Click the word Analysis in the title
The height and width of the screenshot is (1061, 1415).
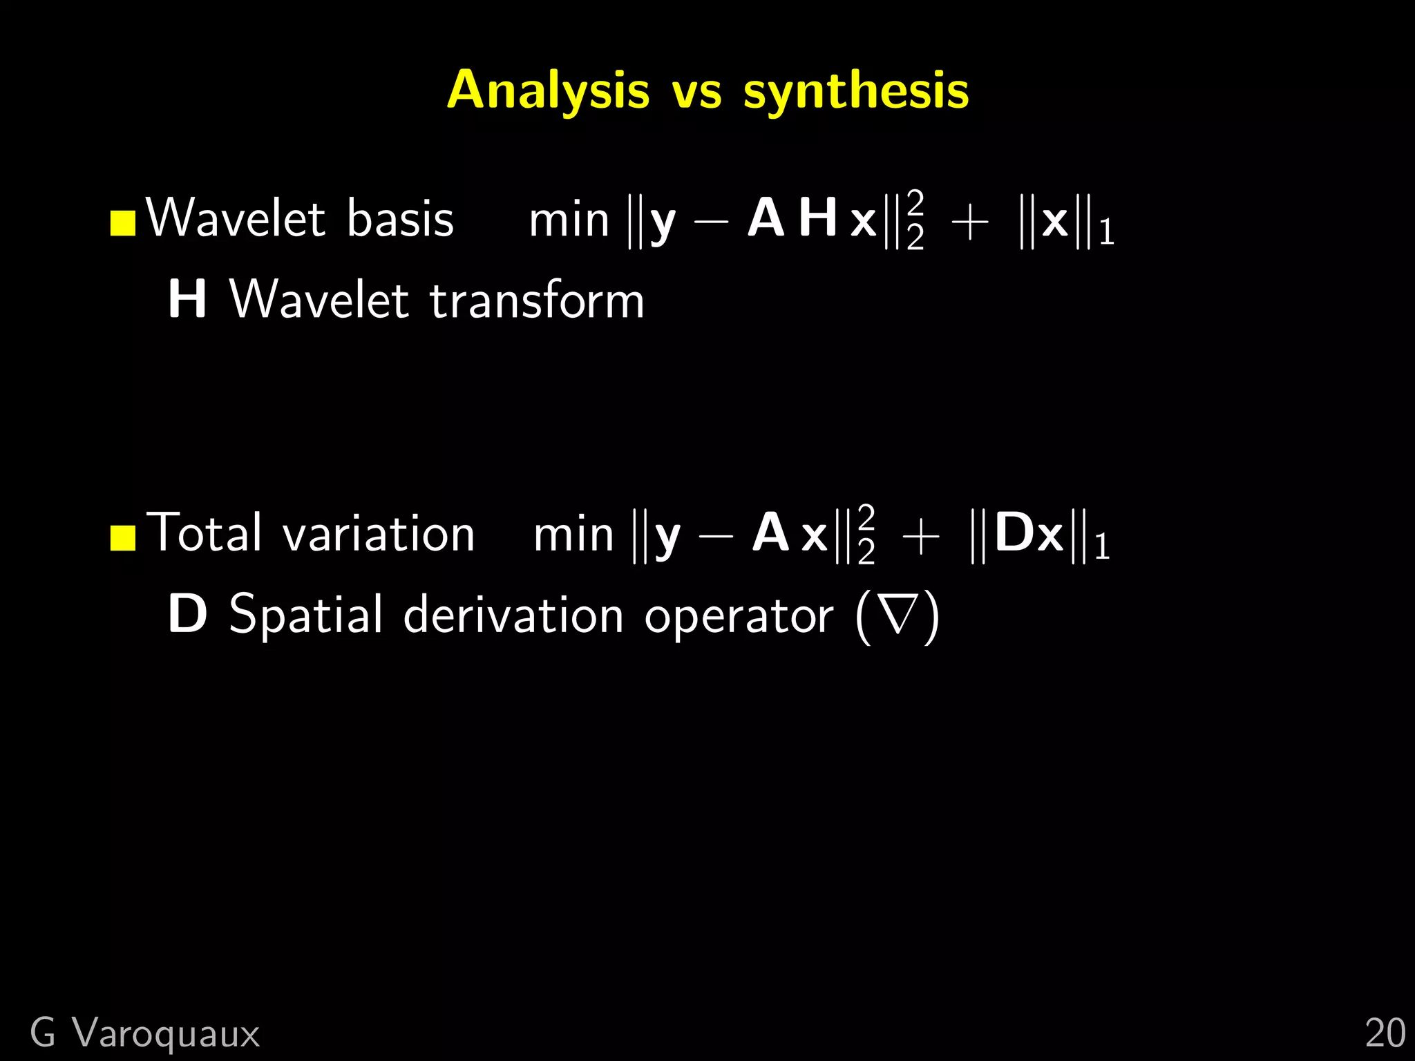click(x=548, y=90)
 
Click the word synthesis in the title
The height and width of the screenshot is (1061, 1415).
click(x=856, y=90)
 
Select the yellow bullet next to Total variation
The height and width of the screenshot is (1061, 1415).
click(x=123, y=538)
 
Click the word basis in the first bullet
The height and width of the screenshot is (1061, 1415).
click(x=400, y=219)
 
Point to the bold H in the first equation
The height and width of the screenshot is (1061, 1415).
click(x=819, y=218)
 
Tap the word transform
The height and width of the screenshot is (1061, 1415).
click(x=537, y=300)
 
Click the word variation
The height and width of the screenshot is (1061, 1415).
click(x=379, y=534)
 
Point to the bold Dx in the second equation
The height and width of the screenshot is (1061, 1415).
click(x=1029, y=533)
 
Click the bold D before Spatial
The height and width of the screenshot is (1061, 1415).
click(x=187, y=614)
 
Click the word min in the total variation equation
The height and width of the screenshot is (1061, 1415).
click(x=573, y=535)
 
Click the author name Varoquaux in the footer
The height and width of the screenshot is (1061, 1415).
click(x=167, y=1033)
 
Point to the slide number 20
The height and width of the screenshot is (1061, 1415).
click(x=1385, y=1033)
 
